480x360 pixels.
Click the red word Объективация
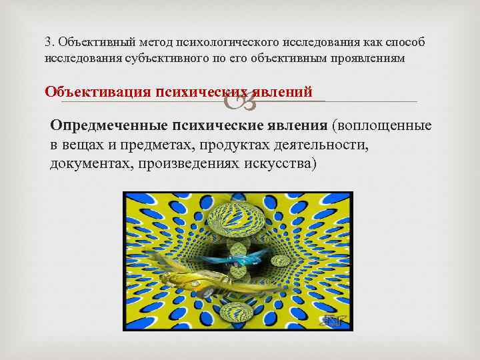(97, 91)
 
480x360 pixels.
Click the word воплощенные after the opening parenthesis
(385, 127)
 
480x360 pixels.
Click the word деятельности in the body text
(332, 145)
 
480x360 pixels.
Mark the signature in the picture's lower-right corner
(331, 321)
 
